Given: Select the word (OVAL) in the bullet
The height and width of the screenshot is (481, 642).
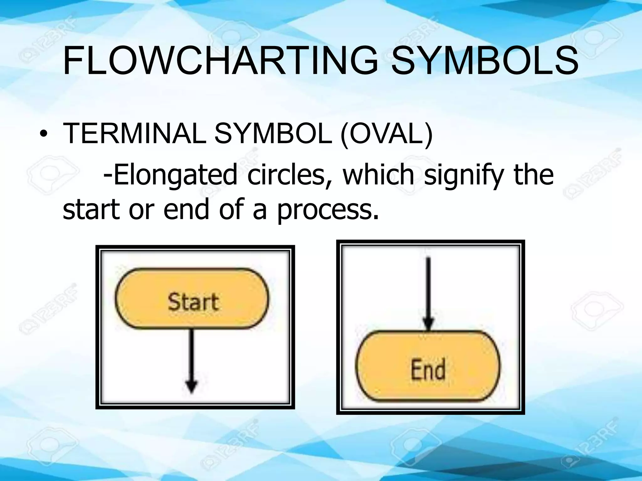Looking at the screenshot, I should coord(386,134).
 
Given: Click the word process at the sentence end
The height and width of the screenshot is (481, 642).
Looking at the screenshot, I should coord(328,210).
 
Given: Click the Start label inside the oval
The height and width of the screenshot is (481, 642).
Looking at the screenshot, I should coord(193,302).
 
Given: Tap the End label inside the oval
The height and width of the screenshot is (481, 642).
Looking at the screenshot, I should coord(428,370).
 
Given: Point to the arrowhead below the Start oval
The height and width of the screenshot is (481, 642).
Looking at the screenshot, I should coord(191,387).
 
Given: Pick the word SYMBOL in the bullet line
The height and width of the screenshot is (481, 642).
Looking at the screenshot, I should coord(272,134).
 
